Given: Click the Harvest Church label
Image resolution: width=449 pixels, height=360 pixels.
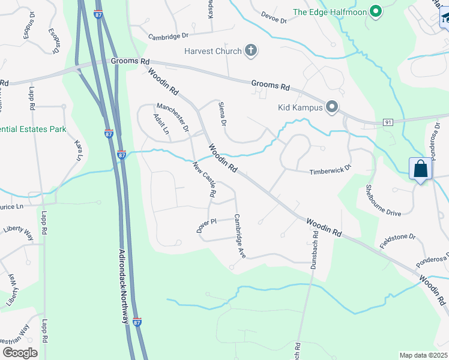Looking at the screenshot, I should (x=213, y=51).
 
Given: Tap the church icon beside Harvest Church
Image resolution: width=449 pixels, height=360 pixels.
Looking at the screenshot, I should (x=251, y=51).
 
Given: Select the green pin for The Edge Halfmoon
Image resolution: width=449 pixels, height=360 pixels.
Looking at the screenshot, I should (x=376, y=12).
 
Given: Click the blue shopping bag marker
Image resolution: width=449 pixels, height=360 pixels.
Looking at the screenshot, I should (x=421, y=169).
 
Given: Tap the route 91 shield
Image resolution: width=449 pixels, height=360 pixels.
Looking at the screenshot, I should (x=388, y=122).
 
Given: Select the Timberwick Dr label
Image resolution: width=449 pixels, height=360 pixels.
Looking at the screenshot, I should (x=330, y=172).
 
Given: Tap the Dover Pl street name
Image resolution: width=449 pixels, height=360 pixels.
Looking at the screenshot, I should (x=206, y=226).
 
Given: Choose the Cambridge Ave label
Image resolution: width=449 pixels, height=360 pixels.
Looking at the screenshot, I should (x=240, y=236).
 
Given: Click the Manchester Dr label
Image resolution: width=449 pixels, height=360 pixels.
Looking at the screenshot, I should (x=173, y=117).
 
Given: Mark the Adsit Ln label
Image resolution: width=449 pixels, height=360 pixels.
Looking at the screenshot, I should (x=161, y=124).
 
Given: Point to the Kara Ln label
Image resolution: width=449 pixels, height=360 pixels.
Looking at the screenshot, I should (x=78, y=151).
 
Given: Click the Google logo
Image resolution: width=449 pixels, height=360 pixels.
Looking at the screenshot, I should (x=20, y=352).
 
